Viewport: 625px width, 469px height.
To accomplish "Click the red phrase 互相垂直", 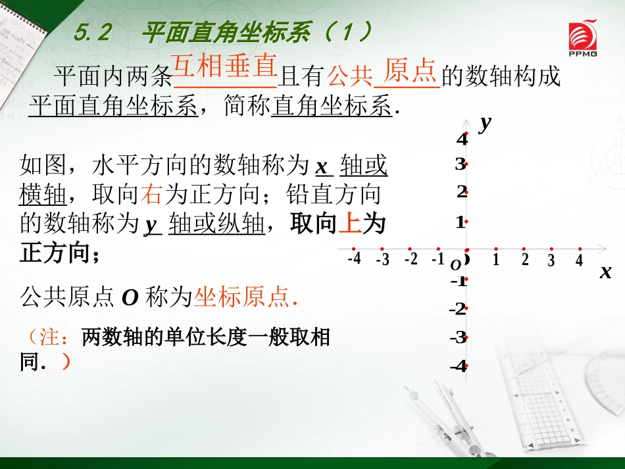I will tap(224, 66).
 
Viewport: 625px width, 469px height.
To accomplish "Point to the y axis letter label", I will tap(486, 122).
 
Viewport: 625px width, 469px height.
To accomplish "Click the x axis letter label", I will tap(605, 272).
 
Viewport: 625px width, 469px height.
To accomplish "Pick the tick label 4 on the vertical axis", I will tap(462, 139).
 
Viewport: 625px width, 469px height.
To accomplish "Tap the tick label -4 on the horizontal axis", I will tap(355, 259).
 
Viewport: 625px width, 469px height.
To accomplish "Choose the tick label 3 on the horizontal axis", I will tap(551, 260).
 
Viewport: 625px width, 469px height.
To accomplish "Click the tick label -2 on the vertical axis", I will tap(459, 309).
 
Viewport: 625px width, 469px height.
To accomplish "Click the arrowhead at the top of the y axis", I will tap(466, 122).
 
